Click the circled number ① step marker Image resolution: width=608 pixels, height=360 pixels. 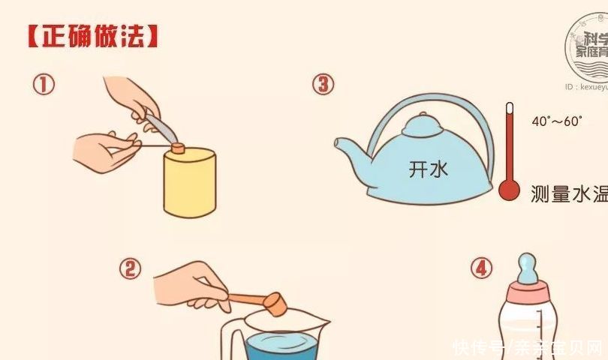point(44,85)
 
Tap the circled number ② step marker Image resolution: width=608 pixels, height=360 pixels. point(131,268)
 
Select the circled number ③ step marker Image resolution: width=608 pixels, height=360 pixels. point(323,84)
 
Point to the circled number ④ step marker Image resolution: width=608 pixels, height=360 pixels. point(482,268)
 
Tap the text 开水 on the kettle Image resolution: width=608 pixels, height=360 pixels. point(429,169)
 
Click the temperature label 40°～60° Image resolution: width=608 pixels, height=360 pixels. point(557,121)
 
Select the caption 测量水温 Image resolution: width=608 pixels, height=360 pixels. point(568,193)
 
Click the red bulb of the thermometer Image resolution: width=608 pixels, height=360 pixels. point(509,190)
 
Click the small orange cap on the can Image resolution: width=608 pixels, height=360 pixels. point(178,148)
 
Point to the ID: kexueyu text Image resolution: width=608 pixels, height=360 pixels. point(585,87)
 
